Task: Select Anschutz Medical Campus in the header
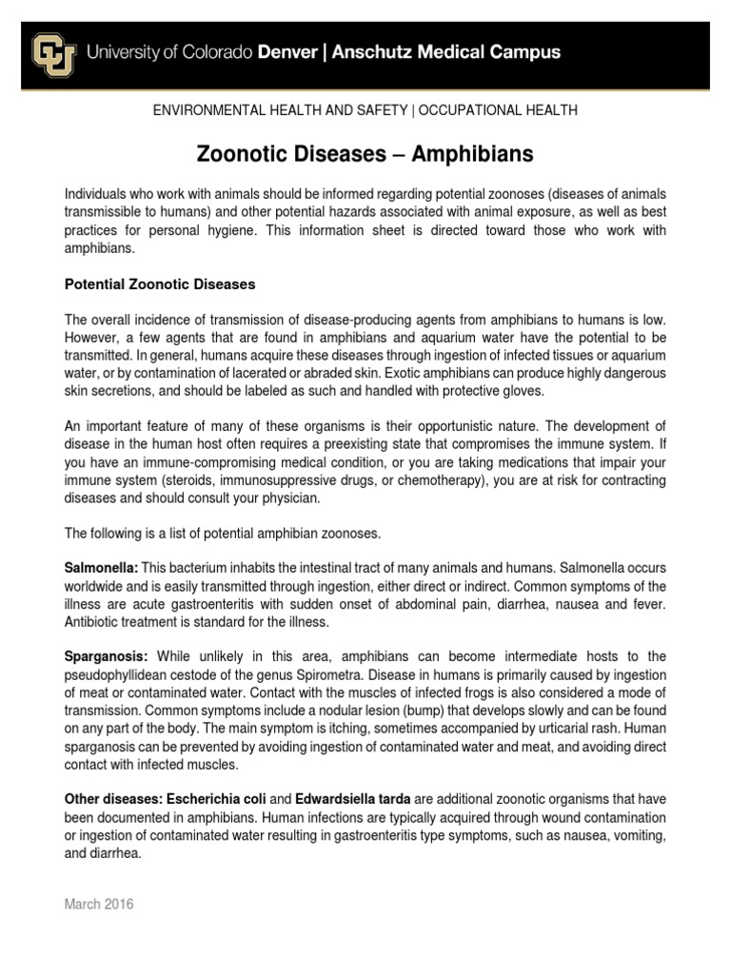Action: (446, 53)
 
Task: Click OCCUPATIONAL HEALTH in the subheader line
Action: (498, 110)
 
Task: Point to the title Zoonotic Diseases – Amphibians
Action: (365, 154)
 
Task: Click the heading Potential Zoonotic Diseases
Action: (159, 284)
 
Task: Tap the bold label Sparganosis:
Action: (105, 656)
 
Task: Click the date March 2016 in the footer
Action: (99, 905)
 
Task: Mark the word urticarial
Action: (480, 728)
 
